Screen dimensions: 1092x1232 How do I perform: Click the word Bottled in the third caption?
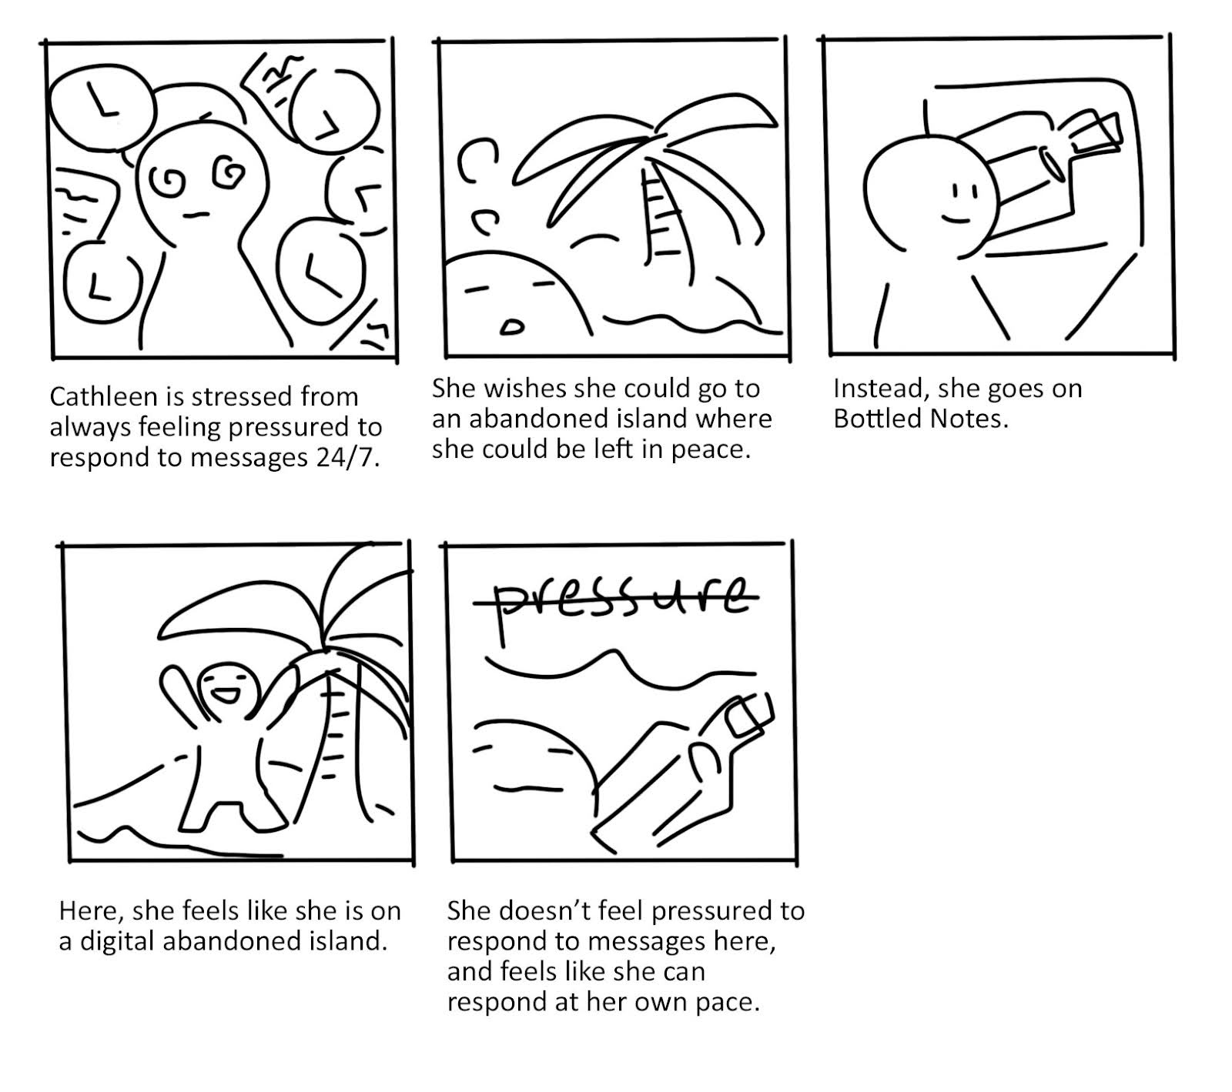[879, 419]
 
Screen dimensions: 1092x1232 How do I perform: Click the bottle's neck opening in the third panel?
[1050, 162]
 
